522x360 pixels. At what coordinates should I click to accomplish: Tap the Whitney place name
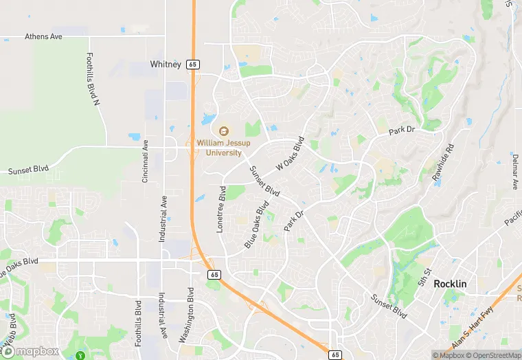(x=166, y=65)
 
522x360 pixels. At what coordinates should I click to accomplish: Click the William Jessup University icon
(x=223, y=131)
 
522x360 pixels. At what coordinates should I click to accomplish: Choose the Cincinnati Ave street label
(x=145, y=161)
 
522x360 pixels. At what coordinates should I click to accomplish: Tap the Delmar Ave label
(x=514, y=171)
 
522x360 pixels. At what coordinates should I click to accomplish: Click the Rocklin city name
(x=450, y=284)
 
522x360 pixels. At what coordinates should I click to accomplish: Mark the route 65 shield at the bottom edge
(x=334, y=354)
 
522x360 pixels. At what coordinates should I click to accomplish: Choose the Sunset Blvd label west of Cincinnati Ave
(x=27, y=170)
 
